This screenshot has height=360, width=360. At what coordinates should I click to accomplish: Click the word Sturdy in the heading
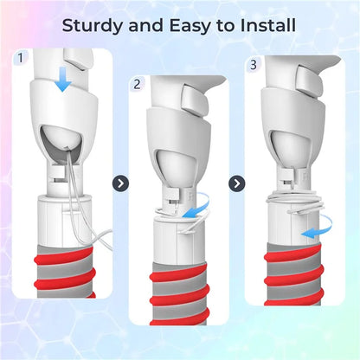(x=93, y=26)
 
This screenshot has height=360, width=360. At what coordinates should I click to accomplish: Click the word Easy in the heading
(x=190, y=26)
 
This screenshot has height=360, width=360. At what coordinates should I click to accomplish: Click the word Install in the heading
(x=268, y=25)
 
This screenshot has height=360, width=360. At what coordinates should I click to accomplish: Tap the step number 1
(x=20, y=58)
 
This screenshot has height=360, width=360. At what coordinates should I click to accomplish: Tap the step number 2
(x=137, y=84)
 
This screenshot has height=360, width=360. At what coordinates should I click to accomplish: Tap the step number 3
(x=253, y=65)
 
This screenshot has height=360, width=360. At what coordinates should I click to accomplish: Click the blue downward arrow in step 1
(x=63, y=79)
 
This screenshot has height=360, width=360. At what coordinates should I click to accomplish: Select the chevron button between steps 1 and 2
(x=120, y=183)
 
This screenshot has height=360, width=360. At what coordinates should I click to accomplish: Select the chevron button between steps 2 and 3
(x=237, y=183)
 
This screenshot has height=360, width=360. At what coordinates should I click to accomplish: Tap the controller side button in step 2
(x=196, y=102)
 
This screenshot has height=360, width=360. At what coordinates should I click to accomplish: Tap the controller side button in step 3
(x=310, y=81)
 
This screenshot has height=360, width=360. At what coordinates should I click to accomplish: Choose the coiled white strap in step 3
(x=295, y=203)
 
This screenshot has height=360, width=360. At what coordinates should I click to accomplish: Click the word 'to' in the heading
(x=226, y=26)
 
